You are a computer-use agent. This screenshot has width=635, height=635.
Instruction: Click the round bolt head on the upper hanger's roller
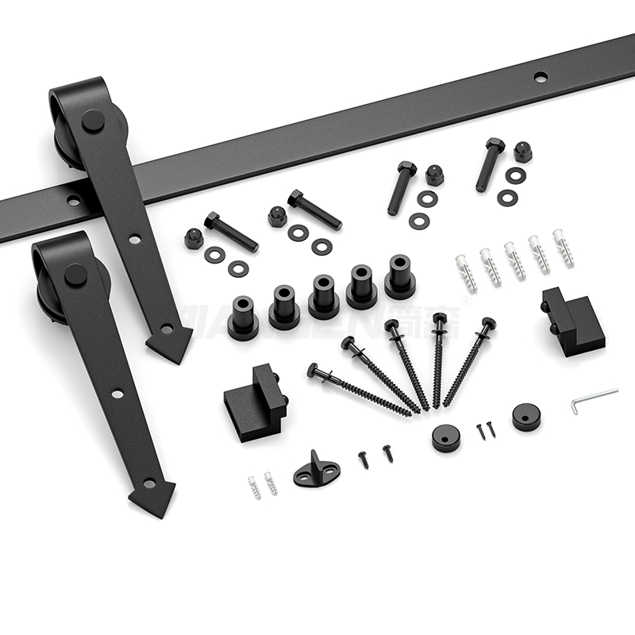coord(93,121)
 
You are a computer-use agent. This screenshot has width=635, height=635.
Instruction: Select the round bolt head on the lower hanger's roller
coord(75,275)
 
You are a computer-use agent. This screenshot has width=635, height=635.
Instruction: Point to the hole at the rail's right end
coord(541,77)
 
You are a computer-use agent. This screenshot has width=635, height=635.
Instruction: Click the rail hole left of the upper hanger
coord(74,201)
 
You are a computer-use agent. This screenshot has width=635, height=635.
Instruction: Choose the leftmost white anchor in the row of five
coord(466,273)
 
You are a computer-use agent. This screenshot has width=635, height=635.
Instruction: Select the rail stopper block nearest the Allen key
coord(571,319)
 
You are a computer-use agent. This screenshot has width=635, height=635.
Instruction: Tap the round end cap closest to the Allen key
coord(525,417)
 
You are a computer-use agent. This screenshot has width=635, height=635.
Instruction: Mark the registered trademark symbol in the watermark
coord(466,300)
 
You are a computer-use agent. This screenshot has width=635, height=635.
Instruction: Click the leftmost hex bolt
coord(230,231)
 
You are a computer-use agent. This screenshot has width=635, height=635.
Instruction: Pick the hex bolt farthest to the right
coord(490,164)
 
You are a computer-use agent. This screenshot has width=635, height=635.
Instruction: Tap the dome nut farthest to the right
coord(522,151)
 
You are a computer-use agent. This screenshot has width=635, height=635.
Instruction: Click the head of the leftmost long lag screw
coord(313,369)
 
